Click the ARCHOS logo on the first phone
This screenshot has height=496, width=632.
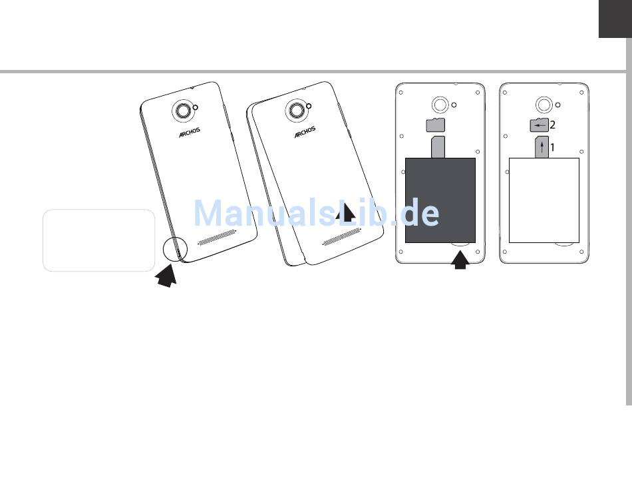pos(190,132)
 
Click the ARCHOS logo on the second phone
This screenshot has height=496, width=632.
pos(305,133)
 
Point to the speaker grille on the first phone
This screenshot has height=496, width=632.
pos(217,236)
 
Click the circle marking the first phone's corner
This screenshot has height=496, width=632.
pos(176,249)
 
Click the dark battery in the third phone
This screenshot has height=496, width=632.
pos(440,200)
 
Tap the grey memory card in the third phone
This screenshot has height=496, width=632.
pos(435,124)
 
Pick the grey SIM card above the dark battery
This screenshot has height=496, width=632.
pos(438,147)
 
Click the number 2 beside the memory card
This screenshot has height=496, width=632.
pos(552,124)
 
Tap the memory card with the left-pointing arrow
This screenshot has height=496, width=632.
pos(539,124)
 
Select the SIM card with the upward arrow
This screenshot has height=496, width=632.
pos(542,147)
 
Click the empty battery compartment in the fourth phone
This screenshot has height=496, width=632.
pos(544,200)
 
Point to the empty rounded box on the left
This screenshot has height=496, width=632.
pos(98,240)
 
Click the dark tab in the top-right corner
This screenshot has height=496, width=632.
pos(615,19)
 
